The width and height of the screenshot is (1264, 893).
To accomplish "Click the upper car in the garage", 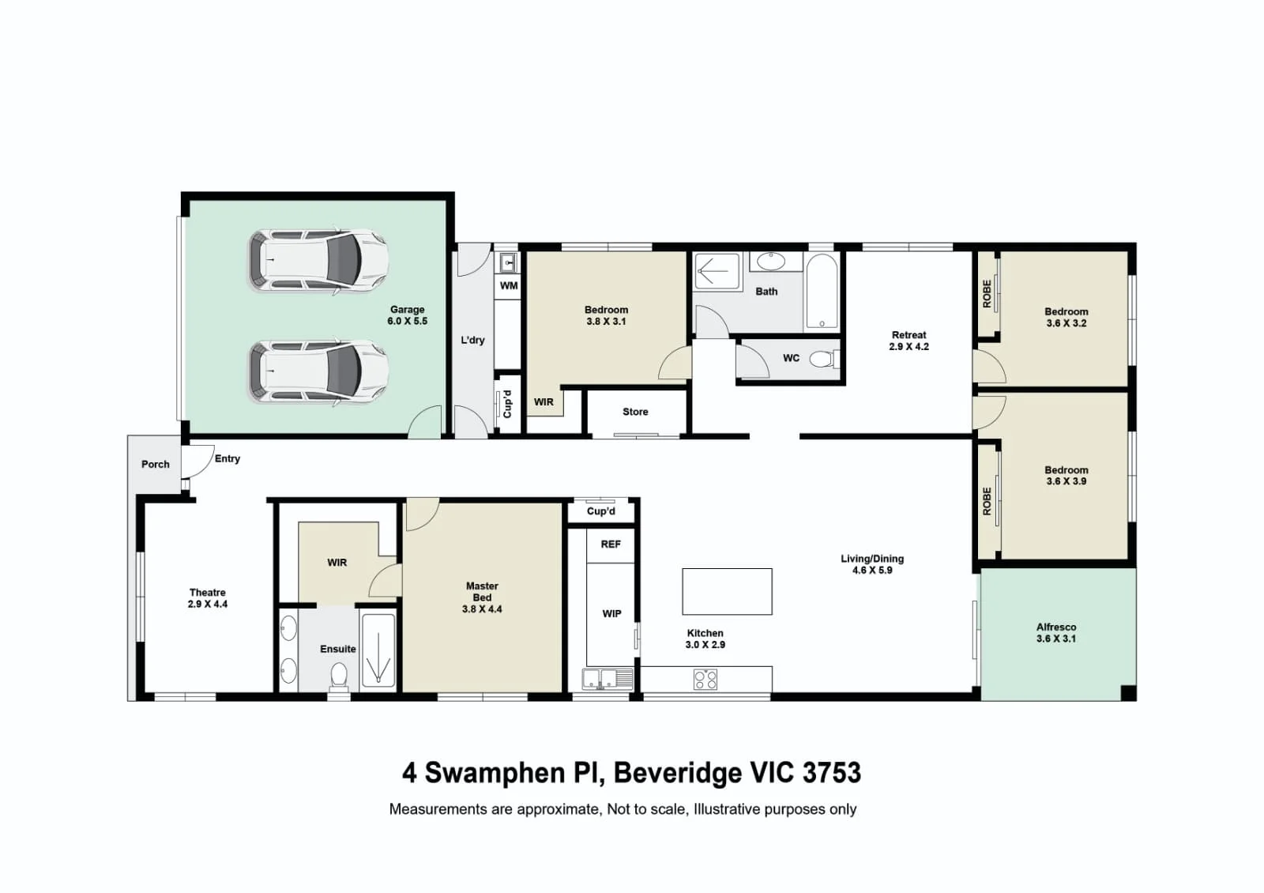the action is (x=319, y=262).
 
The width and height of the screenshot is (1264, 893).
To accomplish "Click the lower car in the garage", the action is (x=319, y=372).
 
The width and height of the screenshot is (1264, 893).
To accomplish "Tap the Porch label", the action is (x=155, y=464).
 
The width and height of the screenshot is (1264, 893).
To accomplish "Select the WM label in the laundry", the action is (x=509, y=285).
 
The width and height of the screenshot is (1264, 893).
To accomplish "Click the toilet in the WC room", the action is (x=825, y=359).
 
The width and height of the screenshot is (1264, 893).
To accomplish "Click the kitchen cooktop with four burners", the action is (x=705, y=679).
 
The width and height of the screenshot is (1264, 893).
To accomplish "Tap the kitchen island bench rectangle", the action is (x=727, y=591).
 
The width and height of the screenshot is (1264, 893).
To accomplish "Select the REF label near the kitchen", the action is (x=611, y=544).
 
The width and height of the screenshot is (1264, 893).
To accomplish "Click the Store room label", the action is (x=635, y=412).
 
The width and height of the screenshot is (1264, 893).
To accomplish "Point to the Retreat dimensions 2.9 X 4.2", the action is (x=908, y=347).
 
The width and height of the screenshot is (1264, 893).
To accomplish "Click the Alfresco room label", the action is (x=1055, y=627).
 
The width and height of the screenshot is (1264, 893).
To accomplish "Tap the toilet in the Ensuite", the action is (x=339, y=676).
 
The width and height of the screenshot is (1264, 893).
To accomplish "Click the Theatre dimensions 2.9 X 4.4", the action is (x=208, y=604).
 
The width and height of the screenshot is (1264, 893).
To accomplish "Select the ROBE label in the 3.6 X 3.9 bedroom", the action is (x=987, y=501).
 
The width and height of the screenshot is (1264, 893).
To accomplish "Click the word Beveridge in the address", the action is (x=677, y=773).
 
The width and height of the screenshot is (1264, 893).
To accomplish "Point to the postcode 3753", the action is (x=832, y=773).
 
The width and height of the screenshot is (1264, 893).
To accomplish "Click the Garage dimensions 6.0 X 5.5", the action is (x=407, y=321).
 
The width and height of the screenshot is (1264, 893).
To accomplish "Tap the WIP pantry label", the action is (x=611, y=613).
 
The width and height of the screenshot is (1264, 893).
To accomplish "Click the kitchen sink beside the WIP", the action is (x=600, y=679).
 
